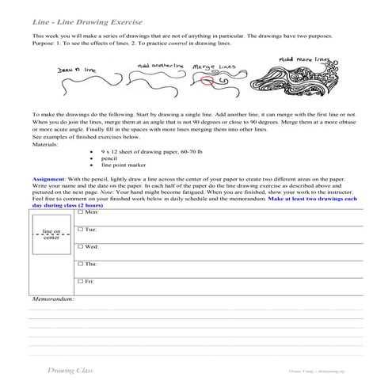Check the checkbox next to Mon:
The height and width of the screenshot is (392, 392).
(80, 213)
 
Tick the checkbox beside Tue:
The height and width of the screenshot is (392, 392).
(80, 229)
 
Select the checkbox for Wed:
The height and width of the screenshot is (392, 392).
(80, 246)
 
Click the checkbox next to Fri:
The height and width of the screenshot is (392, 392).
(80, 281)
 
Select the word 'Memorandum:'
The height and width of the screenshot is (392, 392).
(52, 300)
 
